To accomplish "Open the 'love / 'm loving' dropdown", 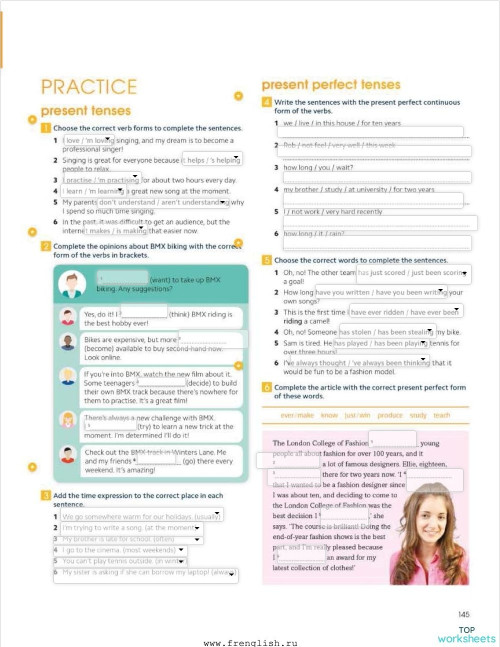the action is tap(88, 141).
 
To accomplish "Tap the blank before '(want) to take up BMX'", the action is tap(122, 279).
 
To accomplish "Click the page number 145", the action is tap(463, 613).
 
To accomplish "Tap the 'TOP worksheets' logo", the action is tap(465, 633).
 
